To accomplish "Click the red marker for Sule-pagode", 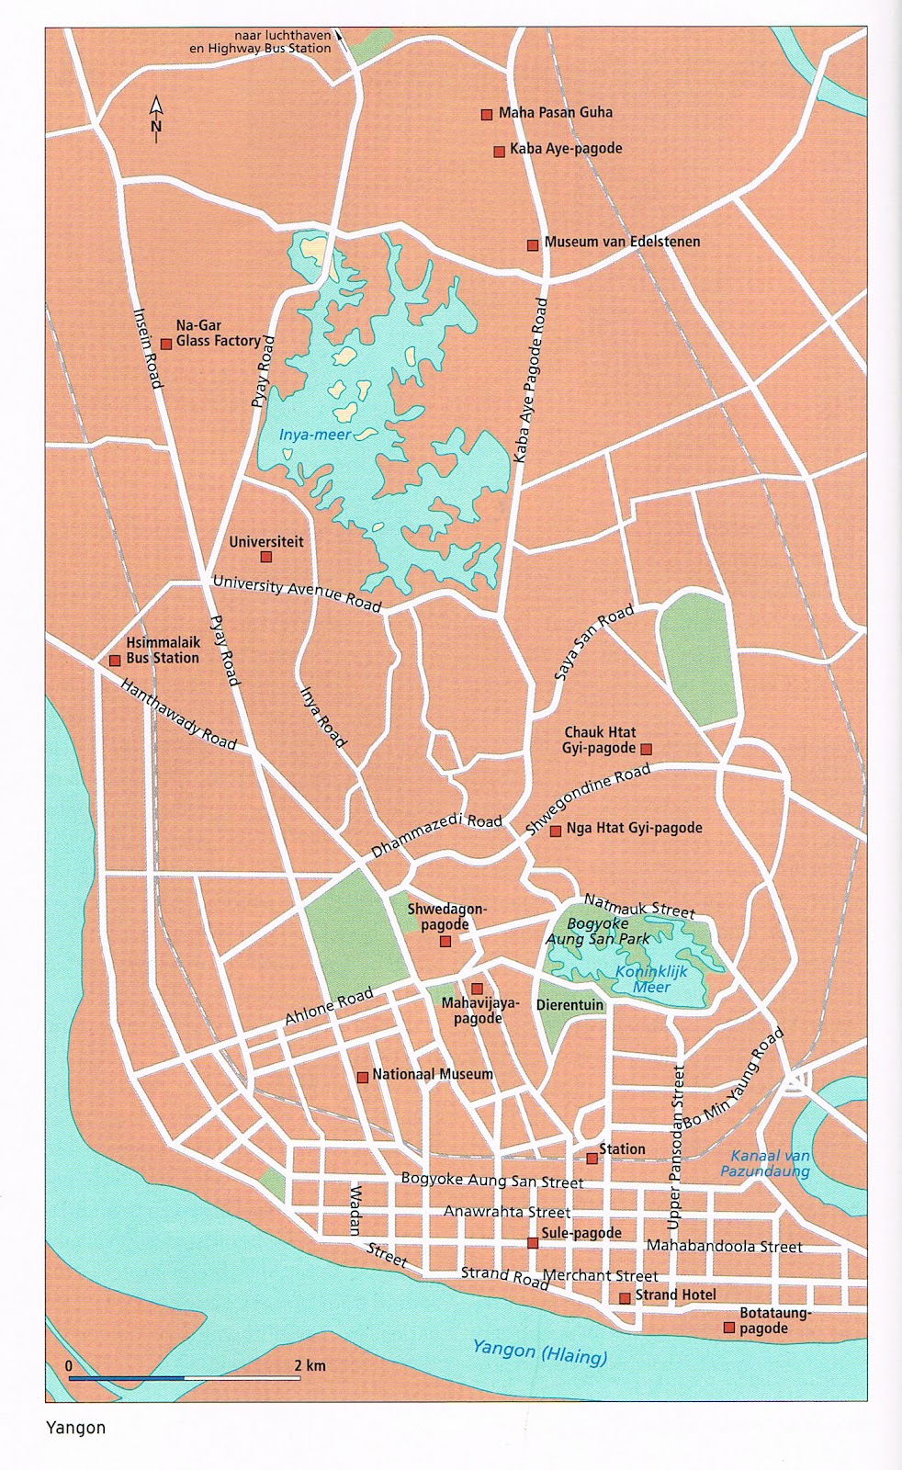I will [x=533, y=1243].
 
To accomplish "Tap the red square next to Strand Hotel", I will [x=625, y=1298].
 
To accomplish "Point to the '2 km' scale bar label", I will [x=310, y=1365].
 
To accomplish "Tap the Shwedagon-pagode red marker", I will [x=445, y=942].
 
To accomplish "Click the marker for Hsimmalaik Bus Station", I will [x=115, y=661].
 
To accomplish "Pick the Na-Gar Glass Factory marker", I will [x=166, y=345].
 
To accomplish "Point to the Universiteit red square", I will [x=266, y=557].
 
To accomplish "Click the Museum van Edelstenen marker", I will [x=533, y=244].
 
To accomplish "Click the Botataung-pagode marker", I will [x=728, y=1328].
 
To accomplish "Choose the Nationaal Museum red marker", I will [x=363, y=1077].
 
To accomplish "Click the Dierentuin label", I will [x=569, y=1005].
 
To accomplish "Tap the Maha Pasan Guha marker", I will [x=487, y=115].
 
